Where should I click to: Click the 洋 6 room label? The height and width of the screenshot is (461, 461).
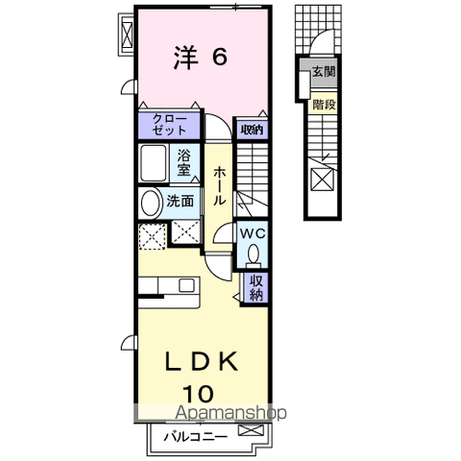click(x=200, y=59)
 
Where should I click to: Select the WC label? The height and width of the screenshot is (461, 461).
click(x=252, y=233)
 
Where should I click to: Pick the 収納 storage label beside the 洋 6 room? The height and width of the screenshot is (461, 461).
click(x=252, y=129)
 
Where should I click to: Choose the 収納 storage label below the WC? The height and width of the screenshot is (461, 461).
click(x=255, y=288)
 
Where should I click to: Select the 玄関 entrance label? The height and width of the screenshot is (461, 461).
click(x=324, y=71)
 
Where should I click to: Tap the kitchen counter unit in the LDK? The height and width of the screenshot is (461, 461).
click(x=168, y=285)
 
